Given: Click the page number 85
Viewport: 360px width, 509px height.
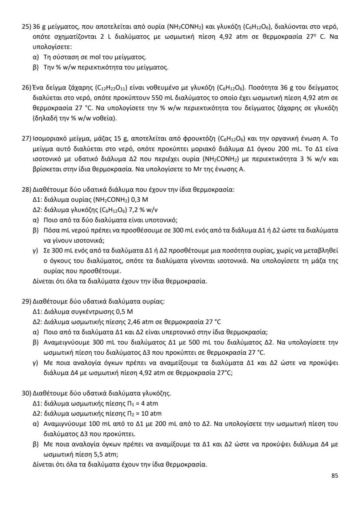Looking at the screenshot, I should tap(334, 476).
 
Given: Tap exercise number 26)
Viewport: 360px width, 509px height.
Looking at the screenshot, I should tap(27, 87).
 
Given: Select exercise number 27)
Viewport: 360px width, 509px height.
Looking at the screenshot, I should tap(27, 139).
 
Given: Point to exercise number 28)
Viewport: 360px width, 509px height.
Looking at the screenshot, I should tap(27, 190).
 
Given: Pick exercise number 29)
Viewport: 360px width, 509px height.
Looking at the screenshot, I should tap(27, 302).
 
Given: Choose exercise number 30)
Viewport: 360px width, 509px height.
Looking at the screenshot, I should tap(27, 394).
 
